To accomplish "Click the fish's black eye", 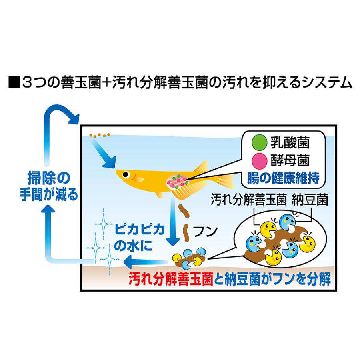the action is (x=126, y=174).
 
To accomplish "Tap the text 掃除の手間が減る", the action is (x=48, y=186).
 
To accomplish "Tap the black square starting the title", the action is (x=14, y=83).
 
